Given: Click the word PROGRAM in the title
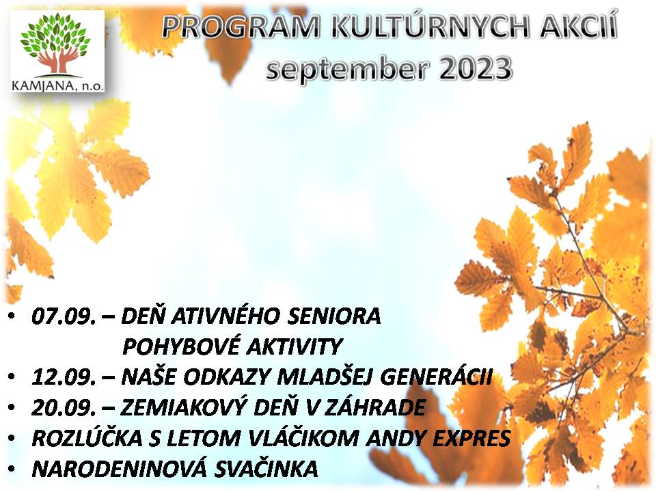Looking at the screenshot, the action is click(x=241, y=27).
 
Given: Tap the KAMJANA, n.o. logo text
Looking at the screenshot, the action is click(x=57, y=86).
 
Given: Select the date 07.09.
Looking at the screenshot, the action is click(x=64, y=316).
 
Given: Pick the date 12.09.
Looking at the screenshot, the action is click(x=64, y=377).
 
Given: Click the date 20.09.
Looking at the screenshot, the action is click(x=64, y=408).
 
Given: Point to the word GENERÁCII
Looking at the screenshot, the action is click(x=437, y=377).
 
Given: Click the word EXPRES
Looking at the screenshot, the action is click(x=471, y=438).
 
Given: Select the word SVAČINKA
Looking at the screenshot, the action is click(x=266, y=469).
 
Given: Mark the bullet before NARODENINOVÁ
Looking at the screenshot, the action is click(x=12, y=469).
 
